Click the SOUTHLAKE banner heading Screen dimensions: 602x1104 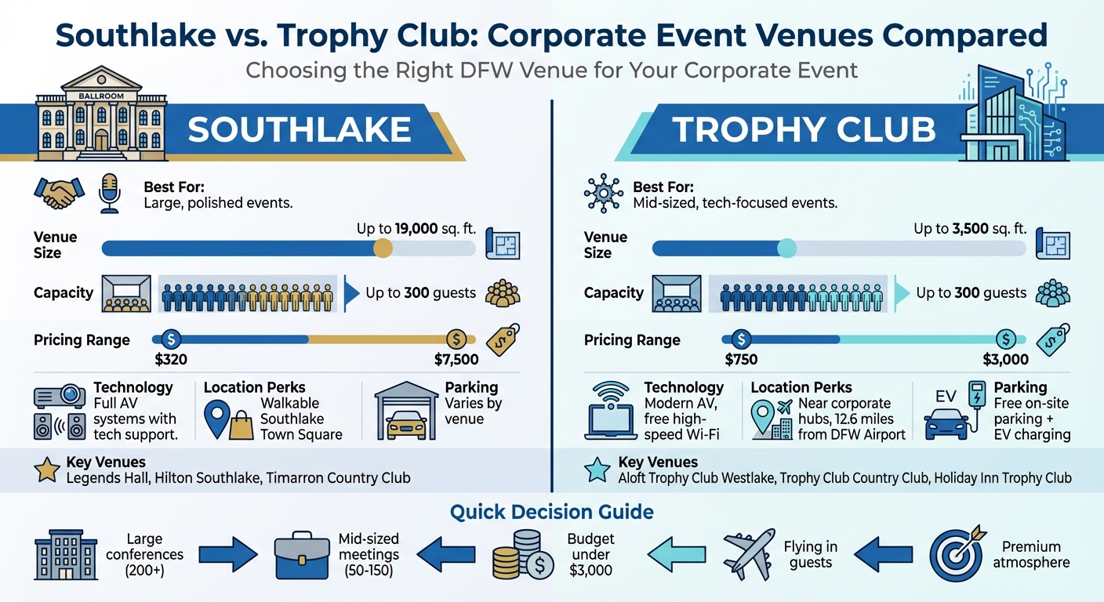300,129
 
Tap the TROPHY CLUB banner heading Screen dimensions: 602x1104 804,129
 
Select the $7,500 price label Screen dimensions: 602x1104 456,361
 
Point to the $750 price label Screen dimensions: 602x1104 741,361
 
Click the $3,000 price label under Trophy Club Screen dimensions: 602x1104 1005,361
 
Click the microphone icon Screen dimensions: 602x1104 109,193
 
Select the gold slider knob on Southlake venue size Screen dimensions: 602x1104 383,248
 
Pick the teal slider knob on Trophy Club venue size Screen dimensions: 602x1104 786,248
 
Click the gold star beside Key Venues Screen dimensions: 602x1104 46,470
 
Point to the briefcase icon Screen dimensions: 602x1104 303,554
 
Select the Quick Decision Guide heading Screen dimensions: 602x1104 551,513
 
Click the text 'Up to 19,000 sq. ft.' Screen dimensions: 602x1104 416,229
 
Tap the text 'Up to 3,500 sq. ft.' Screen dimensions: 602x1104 970,229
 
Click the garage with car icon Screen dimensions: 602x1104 405,412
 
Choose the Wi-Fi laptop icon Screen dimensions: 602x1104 612,412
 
